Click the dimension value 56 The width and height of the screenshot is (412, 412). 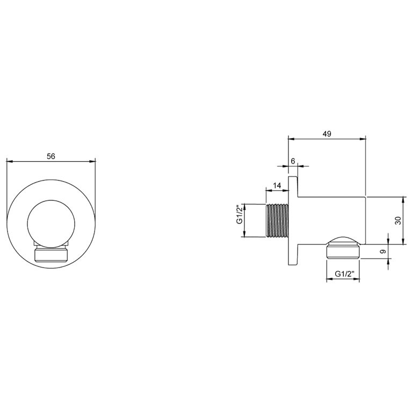[x=51, y=156]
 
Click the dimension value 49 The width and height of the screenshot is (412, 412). [x=327, y=134]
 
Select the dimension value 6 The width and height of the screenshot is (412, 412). [x=293, y=161]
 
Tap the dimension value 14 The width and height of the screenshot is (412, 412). [x=277, y=185]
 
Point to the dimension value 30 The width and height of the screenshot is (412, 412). [x=397, y=220]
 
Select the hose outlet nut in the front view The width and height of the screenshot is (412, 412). [x=51, y=254]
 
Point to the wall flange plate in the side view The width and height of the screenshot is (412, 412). [x=293, y=220]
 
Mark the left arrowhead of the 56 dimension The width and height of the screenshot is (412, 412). [x=9, y=161]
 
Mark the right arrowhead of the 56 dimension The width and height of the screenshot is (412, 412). [x=93, y=161]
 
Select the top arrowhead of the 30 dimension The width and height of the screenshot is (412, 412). [x=403, y=198]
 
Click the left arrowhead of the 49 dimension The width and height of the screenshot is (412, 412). [x=291, y=139]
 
